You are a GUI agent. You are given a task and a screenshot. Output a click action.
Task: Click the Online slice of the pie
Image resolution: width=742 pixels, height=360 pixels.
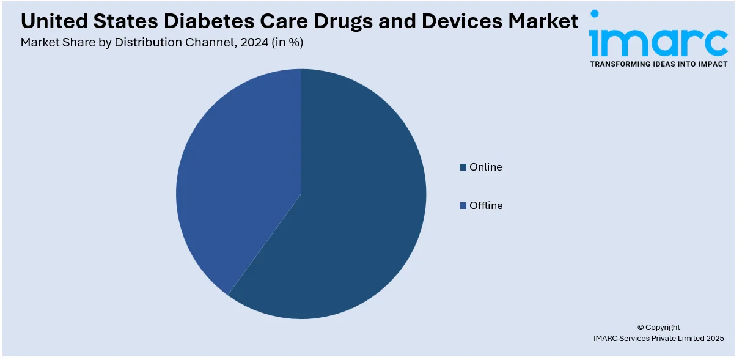click(x=354, y=214)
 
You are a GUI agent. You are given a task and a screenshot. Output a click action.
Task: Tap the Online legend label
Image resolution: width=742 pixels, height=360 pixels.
click(x=485, y=167)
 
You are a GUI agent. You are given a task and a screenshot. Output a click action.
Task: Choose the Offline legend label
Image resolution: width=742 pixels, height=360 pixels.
click(x=486, y=205)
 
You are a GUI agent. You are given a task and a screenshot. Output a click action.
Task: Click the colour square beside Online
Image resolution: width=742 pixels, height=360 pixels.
click(x=463, y=167)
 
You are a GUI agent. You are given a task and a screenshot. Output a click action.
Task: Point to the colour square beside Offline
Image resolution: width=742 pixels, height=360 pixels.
click(x=463, y=205)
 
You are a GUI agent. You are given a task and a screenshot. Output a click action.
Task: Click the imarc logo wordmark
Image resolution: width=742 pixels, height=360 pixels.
click(x=658, y=41)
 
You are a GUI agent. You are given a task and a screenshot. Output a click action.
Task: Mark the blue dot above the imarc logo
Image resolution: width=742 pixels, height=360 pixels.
click(x=594, y=13)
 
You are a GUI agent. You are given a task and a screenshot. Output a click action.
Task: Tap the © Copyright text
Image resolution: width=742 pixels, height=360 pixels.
click(x=658, y=327)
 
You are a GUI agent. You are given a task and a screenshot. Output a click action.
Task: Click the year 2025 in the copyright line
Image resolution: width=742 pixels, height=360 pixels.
click(x=713, y=338)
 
